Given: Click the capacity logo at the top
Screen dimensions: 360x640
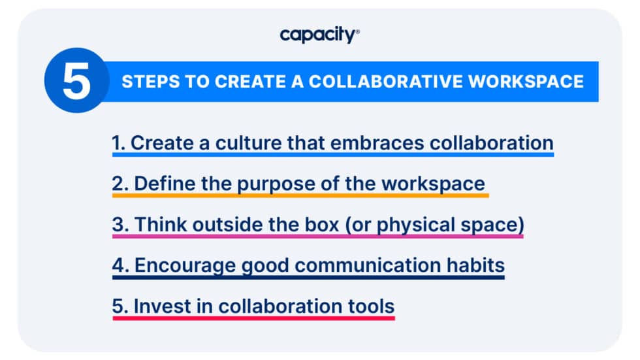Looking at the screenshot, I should pos(319,35).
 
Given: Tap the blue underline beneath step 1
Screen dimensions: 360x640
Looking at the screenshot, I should pos(332,155).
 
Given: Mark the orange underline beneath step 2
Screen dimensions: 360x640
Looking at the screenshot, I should pos(300,195).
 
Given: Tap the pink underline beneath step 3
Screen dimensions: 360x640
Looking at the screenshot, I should pos(317,236).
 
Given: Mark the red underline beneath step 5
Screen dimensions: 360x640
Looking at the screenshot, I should pos(253,318).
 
